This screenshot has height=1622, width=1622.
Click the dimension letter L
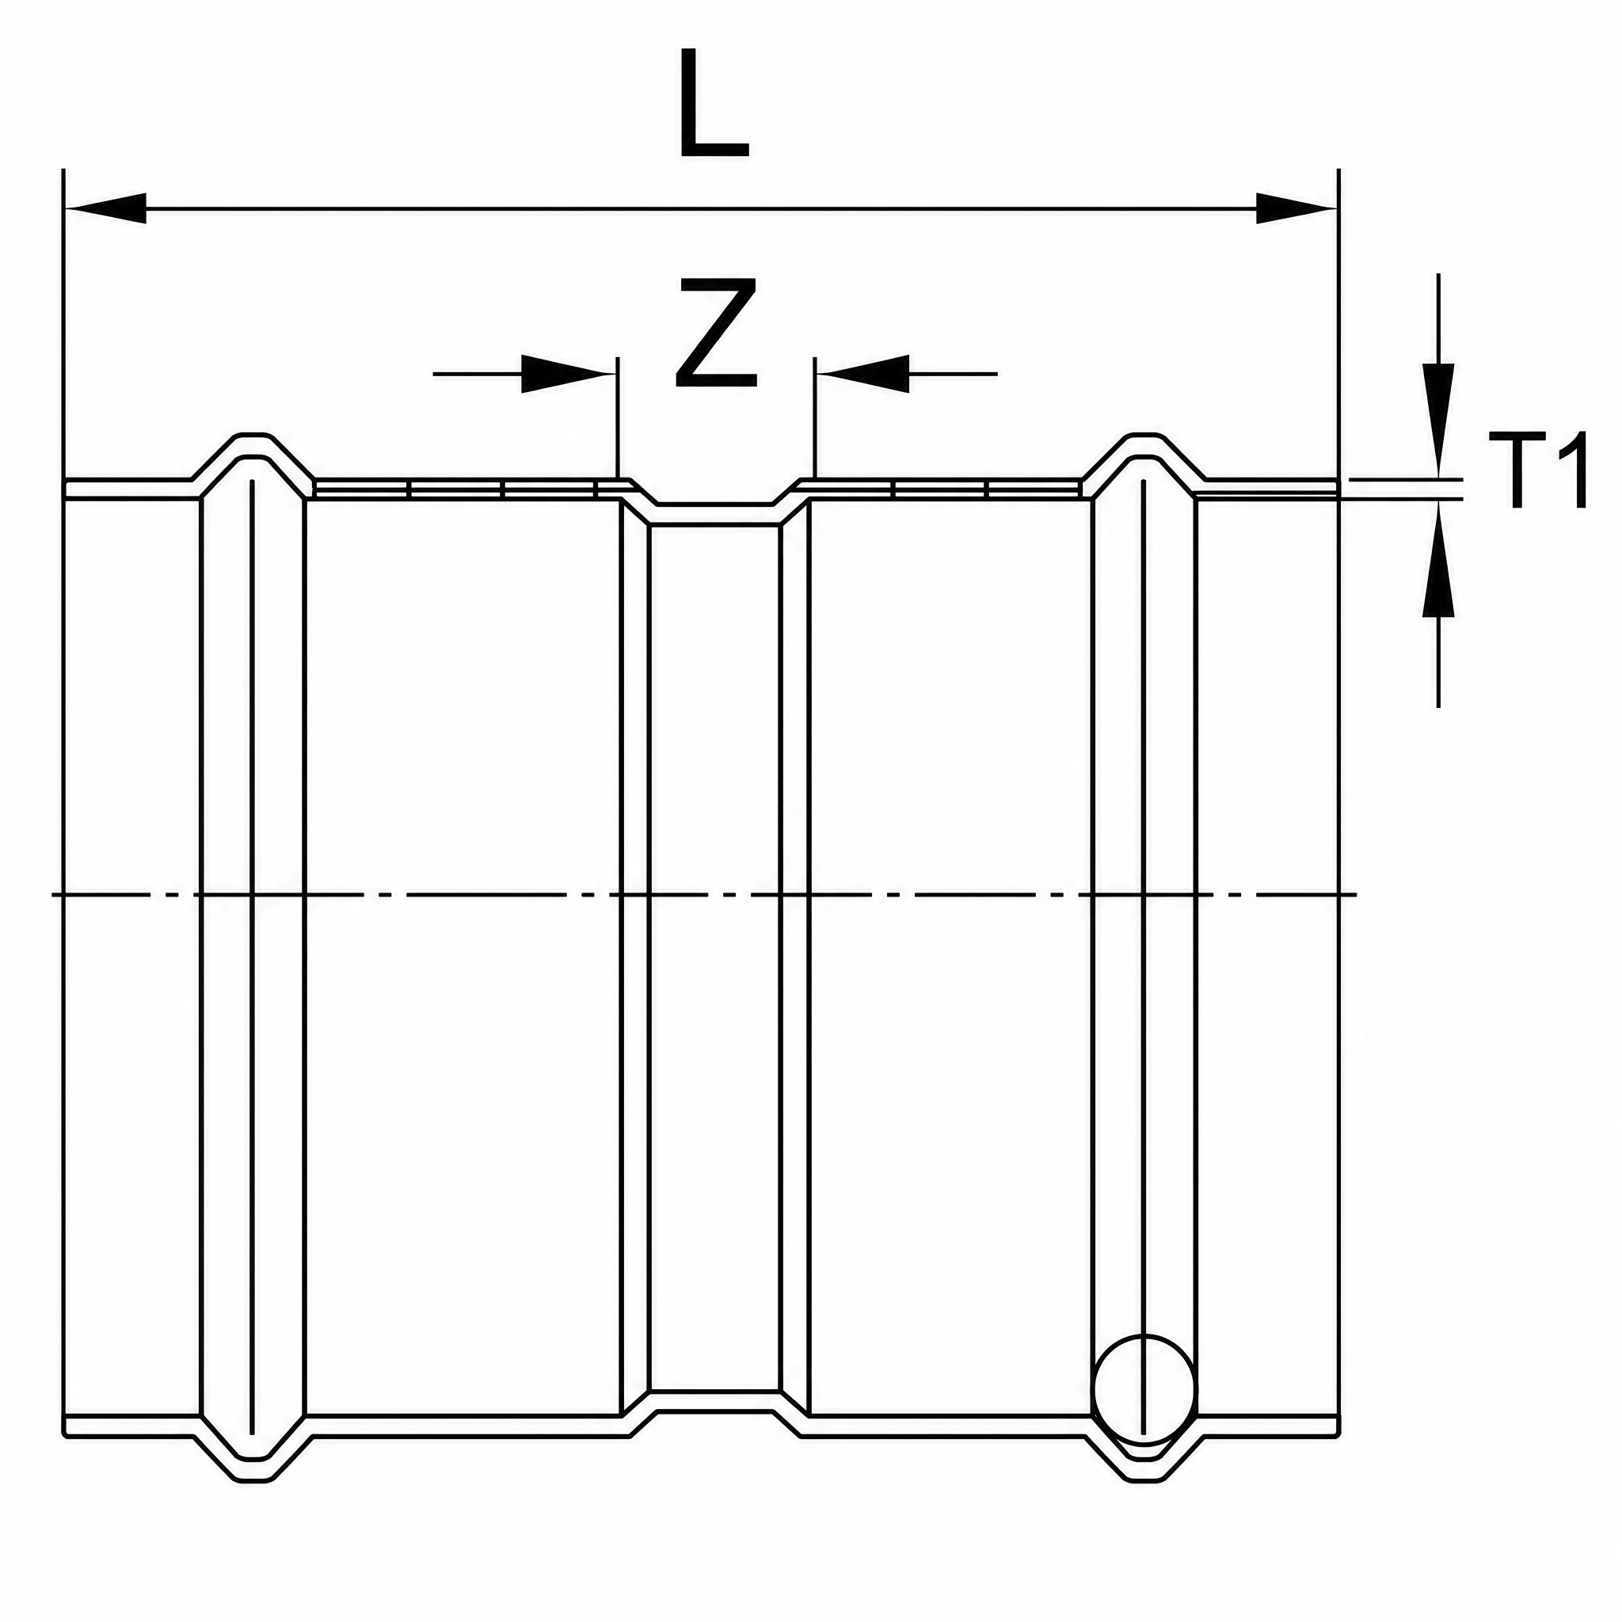click(x=714, y=104)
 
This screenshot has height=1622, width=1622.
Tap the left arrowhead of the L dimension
click(x=106, y=209)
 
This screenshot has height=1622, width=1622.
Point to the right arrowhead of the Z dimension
click(x=862, y=374)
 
